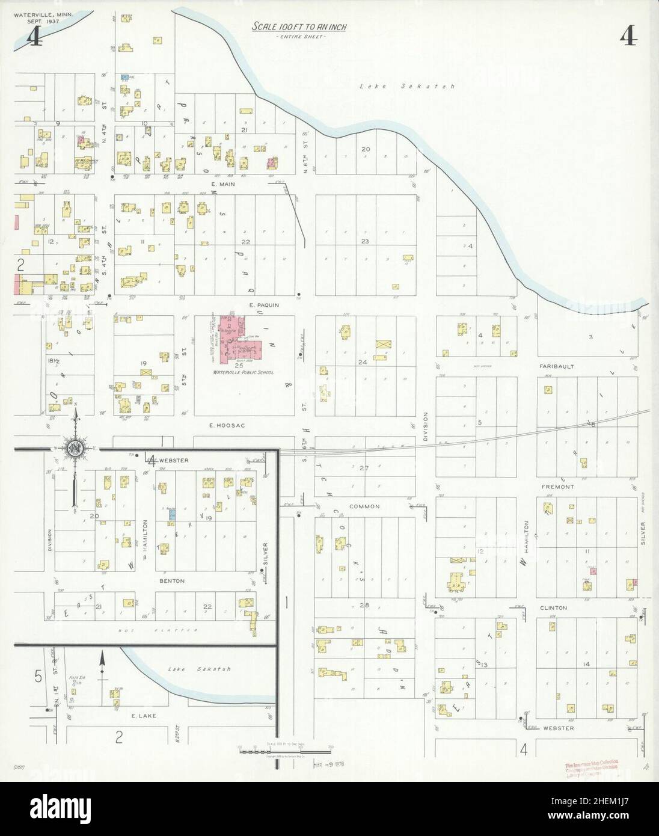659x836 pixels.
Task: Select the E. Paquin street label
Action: tap(265, 305)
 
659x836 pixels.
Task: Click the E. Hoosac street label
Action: tap(221, 425)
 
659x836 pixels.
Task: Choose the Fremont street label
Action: tap(557, 486)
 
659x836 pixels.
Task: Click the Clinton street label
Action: tap(554, 607)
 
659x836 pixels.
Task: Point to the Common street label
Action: tap(364, 506)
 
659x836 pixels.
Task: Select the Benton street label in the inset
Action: tap(172, 581)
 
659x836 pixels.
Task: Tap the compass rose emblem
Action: tap(76, 448)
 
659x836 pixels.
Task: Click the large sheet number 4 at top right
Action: tap(629, 37)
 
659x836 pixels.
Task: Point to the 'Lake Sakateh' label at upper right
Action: tap(406, 87)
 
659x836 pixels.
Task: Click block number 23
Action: tap(364, 241)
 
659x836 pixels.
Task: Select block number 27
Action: tap(363, 467)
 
